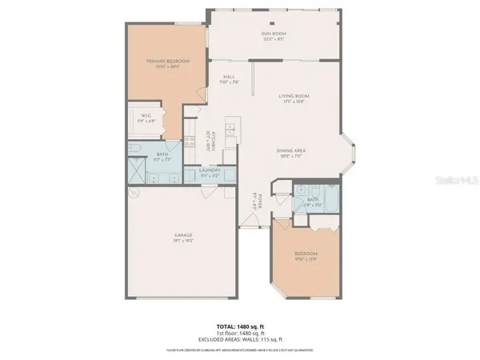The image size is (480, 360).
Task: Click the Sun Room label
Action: [274, 35]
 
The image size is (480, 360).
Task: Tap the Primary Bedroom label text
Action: [166, 64]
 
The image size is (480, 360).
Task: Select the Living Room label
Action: [294, 98]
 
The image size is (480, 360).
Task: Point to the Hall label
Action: [227, 80]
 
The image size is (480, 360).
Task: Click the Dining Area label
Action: [293, 153]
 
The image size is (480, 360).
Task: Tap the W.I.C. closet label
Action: [146, 118]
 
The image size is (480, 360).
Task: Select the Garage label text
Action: [183, 238]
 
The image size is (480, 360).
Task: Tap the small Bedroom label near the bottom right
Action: [306, 258]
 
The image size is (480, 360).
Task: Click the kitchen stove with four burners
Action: [190, 140]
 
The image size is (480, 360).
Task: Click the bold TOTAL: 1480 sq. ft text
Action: [239, 327]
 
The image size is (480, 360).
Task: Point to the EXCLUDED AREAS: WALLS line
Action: [239, 341]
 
